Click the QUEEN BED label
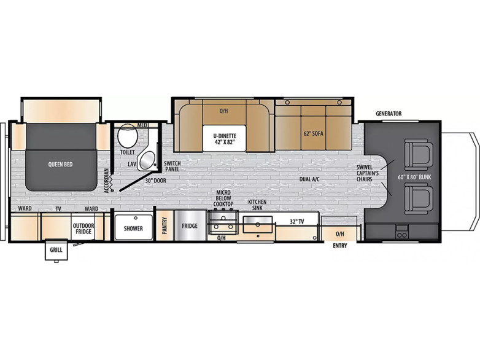[60, 164]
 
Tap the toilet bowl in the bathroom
[128, 135]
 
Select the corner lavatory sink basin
[147, 160]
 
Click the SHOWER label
[133, 229]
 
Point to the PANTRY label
[165, 226]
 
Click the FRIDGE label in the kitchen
[190, 226]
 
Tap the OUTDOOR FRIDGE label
[83, 229]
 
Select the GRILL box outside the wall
[56, 249]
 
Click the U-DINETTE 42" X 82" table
[225, 138]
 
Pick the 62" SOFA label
[313, 133]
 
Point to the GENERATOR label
[389, 114]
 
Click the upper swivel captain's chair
[419, 154]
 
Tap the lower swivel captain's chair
[419, 199]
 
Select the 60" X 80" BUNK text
[414, 177]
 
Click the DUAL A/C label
[309, 179]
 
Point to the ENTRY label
[340, 246]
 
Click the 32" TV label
[296, 222]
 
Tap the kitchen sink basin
[258, 225]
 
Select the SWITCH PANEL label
[172, 166]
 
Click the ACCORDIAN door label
[106, 181]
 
